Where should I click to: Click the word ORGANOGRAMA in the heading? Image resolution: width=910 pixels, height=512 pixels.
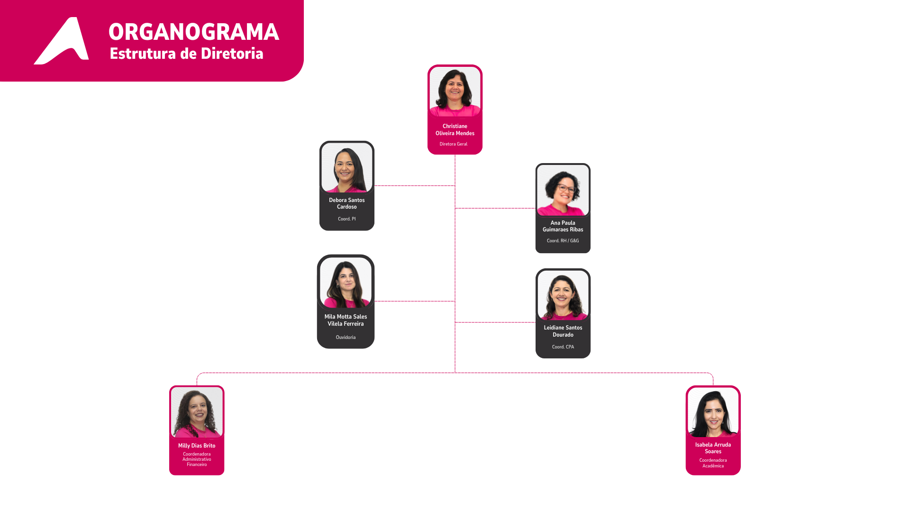(194, 32)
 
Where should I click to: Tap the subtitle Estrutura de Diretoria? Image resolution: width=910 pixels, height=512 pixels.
(186, 54)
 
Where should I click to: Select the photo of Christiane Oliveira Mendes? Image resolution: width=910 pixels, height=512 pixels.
(455, 91)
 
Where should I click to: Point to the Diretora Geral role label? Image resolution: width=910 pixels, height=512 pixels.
(454, 144)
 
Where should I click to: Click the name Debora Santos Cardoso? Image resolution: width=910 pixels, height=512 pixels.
(347, 203)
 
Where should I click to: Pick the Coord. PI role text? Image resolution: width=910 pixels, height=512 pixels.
(347, 219)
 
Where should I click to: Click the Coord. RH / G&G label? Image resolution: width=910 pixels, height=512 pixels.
(563, 241)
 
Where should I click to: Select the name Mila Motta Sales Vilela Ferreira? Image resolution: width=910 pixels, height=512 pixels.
(346, 320)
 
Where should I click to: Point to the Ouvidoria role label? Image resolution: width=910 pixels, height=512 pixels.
(346, 338)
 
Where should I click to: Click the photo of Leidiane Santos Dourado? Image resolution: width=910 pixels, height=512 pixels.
(563, 295)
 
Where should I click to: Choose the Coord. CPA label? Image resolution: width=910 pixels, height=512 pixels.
(563, 347)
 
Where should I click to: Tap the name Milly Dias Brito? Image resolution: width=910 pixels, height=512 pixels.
(197, 446)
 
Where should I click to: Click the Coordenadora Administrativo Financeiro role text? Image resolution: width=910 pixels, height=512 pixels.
(197, 459)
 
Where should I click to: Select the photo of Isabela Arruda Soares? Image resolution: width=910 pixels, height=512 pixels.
(713, 413)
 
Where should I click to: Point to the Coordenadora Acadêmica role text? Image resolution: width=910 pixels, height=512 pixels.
(713, 463)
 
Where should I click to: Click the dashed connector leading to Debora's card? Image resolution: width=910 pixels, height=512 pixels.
(415, 186)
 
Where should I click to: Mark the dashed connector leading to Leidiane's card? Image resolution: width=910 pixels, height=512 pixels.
(495, 322)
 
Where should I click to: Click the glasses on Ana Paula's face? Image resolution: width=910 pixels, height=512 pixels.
(566, 189)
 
